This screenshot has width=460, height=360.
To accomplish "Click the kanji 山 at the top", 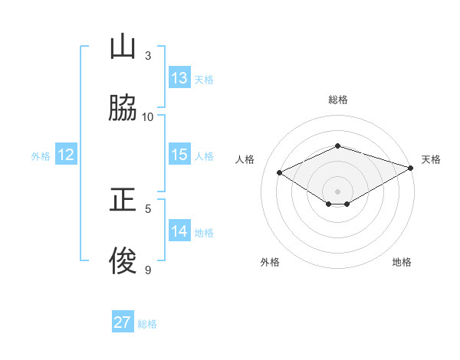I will click(123, 47).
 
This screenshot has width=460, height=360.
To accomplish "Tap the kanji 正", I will click(123, 201).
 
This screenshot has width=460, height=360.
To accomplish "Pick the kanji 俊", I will click(123, 260).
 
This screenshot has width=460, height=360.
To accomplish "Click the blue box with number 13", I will click(179, 78).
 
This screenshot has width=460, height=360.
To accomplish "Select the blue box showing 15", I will click(179, 155).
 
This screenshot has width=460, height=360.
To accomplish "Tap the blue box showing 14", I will click(179, 231).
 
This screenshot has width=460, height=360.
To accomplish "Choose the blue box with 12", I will click(66, 155).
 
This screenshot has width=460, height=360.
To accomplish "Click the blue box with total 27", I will click(123, 322).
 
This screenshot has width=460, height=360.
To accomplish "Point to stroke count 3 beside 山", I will click(148, 55).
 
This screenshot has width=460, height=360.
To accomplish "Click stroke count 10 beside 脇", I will click(148, 116).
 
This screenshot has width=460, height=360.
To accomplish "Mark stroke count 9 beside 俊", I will click(148, 269).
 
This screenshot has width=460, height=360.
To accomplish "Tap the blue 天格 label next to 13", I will click(204, 80).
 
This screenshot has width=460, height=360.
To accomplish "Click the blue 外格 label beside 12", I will click(41, 156).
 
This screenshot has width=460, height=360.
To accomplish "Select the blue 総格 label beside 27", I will click(147, 324).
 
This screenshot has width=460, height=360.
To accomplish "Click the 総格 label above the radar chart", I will click(338, 100).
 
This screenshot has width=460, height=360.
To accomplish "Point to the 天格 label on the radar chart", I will click(431, 159).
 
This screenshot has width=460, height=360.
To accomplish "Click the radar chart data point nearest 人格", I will click(280, 173).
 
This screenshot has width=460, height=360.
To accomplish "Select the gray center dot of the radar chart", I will click(337, 191).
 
